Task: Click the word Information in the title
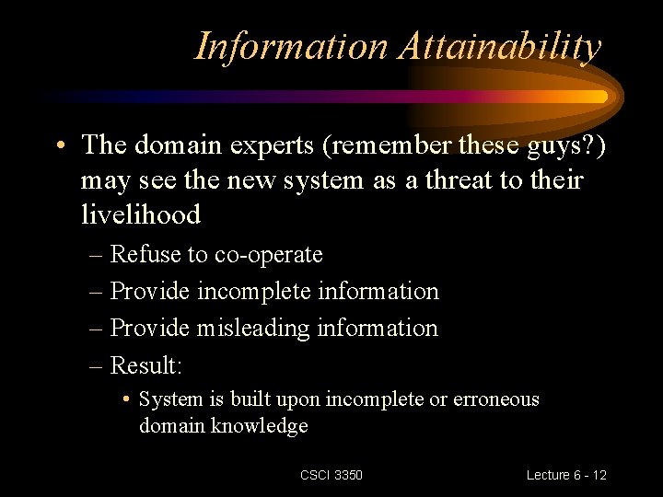(x=292, y=46)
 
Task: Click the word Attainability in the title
(x=500, y=46)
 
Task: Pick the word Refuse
(x=147, y=254)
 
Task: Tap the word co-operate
(x=269, y=254)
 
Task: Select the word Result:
(x=146, y=365)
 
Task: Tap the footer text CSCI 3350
(x=331, y=475)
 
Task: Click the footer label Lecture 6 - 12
(x=566, y=475)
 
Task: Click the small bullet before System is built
(x=126, y=400)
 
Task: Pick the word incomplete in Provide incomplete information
(x=254, y=291)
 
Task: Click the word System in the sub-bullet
(x=165, y=399)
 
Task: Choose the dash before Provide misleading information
(x=97, y=329)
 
